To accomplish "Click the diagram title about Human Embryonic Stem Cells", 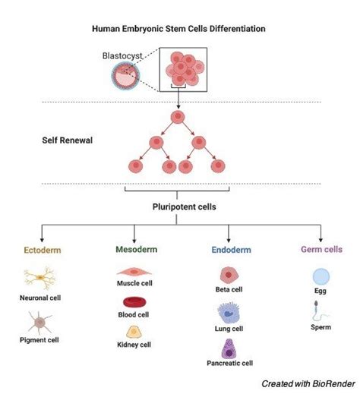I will pos(179,30).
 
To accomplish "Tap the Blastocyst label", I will pos(121,55).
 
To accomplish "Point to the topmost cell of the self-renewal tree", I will pos(178,117).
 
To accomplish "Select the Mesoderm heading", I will pos(134,248).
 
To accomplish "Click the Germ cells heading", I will pos(321,248).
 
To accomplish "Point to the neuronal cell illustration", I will pos(38,281).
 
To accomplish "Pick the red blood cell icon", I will pos(133,302).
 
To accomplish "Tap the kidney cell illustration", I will pos(133,331).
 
